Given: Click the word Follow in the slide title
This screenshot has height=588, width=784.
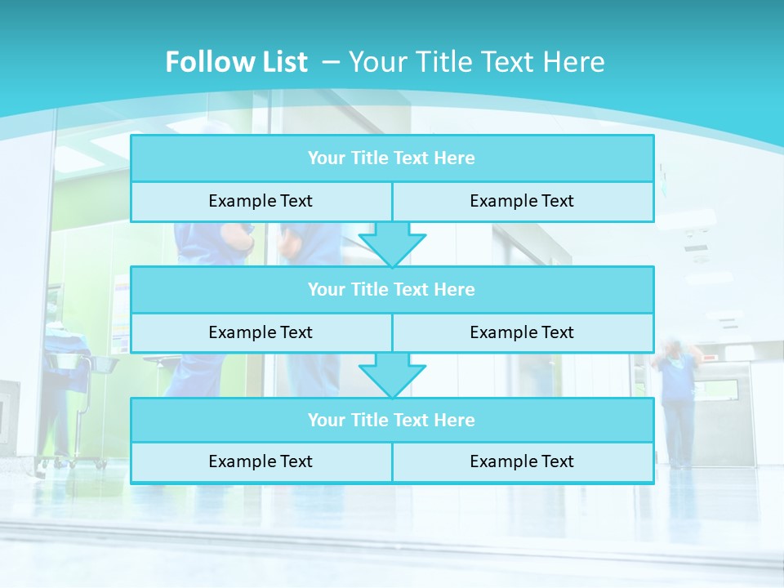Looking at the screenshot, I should [205, 62].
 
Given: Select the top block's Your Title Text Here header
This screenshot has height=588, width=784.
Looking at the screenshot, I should [391, 158].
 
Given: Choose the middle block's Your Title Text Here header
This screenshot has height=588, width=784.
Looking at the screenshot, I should [391, 290].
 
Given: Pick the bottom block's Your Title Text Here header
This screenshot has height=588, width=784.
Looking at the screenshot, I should [391, 421].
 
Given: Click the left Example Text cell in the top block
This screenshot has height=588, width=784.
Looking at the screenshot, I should [261, 202].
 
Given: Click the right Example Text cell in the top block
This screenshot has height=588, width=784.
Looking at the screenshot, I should [522, 202].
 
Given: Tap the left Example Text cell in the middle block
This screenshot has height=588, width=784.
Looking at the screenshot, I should [261, 332].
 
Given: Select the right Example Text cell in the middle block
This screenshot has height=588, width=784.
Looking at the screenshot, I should [522, 332].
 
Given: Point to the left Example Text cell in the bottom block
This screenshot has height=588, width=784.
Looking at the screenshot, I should [261, 462].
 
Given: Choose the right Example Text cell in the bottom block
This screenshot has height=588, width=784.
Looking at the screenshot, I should [522, 462].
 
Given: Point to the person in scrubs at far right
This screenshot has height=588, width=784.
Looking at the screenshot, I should [678, 400].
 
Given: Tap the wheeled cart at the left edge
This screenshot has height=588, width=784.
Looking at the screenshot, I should [73, 408].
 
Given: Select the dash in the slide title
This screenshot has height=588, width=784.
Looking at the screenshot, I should [331, 60].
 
